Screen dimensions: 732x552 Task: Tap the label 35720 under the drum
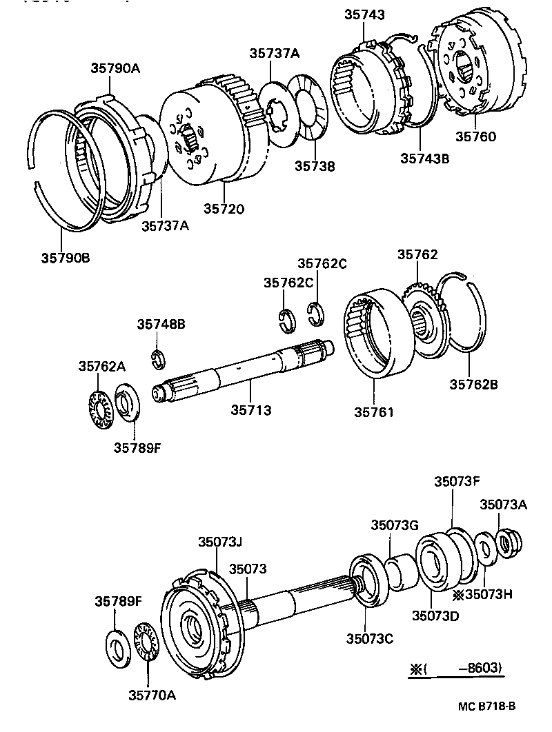click(x=224, y=208)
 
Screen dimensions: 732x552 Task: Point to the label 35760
click(x=475, y=137)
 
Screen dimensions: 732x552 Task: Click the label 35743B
click(x=424, y=159)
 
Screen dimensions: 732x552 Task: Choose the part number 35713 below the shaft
click(x=250, y=410)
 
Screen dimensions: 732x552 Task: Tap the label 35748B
click(x=160, y=324)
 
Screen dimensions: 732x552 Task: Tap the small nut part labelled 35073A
click(x=509, y=542)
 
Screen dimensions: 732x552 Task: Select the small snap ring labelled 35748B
click(x=158, y=358)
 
